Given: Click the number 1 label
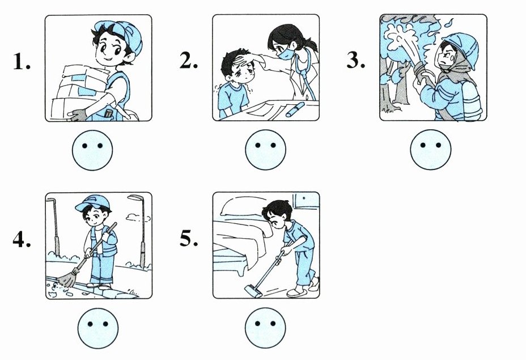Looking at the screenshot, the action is pyautogui.click(x=22, y=62).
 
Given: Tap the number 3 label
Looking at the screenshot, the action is pyautogui.click(x=355, y=61).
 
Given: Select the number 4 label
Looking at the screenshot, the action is pyautogui.click(x=22, y=239).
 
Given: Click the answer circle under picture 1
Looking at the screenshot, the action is pyautogui.click(x=92, y=150).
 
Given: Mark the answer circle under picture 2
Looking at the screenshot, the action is pyautogui.click(x=265, y=150).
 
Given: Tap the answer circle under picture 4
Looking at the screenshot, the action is pyautogui.click(x=98, y=328).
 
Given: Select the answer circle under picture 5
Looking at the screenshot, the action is pyautogui.click(x=265, y=328).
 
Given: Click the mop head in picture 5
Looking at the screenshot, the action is pyautogui.click(x=253, y=290).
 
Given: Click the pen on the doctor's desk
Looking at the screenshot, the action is pyautogui.click(x=295, y=109).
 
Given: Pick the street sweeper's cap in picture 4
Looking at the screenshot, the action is pyautogui.click(x=93, y=202).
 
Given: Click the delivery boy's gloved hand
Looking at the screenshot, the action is pyautogui.click(x=78, y=115).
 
